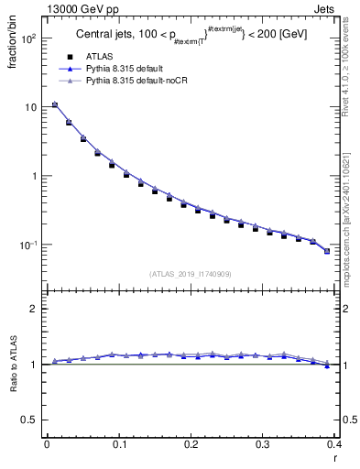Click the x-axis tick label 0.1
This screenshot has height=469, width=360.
tap(118, 443)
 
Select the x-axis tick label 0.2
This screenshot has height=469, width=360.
tap(191, 443)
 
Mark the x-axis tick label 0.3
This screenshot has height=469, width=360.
tap(262, 443)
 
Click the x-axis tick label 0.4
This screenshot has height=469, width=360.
tap(333, 443)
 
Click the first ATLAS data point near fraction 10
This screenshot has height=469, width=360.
tap(55, 105)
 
